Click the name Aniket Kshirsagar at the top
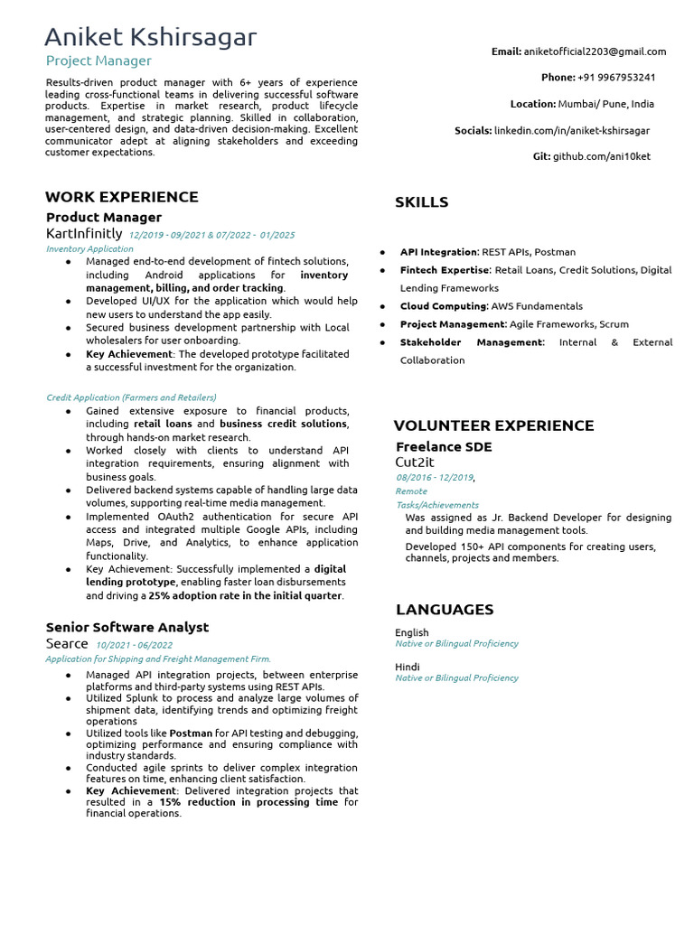[151, 37]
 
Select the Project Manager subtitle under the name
[99, 61]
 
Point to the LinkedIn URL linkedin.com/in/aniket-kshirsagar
[571, 131]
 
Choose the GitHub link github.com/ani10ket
[601, 156]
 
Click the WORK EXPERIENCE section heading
[122, 197]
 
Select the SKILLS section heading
[421, 202]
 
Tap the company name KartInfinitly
[84, 234]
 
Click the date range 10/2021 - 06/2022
[134, 645]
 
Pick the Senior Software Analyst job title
[127, 627]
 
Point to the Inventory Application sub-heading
[89, 248]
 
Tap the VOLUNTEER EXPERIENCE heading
[493, 425]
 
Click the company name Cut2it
[415, 462]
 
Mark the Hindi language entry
[407, 667]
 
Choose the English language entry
[411, 632]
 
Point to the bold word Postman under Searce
[191, 733]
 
